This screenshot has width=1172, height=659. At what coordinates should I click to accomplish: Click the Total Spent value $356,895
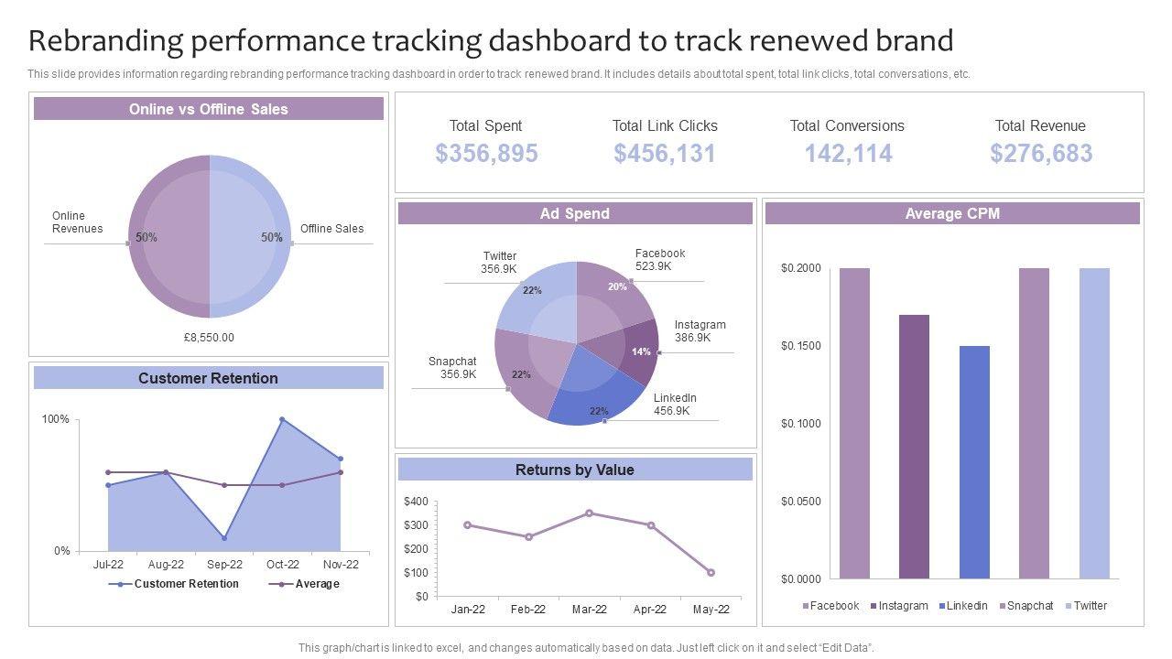(x=486, y=154)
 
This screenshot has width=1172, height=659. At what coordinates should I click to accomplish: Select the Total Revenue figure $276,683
(x=1041, y=154)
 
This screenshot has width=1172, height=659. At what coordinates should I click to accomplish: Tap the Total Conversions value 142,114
(x=848, y=154)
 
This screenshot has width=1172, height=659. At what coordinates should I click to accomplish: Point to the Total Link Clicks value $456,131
(x=665, y=154)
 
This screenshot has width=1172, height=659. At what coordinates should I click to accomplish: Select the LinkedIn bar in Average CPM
(x=974, y=462)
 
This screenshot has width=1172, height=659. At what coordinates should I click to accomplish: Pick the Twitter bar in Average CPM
(x=1094, y=423)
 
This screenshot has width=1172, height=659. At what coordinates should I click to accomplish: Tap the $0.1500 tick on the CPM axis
(x=801, y=346)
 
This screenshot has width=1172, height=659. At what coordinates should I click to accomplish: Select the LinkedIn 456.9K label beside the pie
(x=675, y=405)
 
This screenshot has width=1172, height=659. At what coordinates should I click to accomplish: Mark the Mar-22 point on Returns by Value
(x=589, y=513)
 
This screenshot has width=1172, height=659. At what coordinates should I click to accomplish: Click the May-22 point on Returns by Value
(x=711, y=573)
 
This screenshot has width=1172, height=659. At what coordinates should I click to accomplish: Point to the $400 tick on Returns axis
(x=416, y=502)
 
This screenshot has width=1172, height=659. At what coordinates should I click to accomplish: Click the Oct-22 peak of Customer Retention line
(x=282, y=419)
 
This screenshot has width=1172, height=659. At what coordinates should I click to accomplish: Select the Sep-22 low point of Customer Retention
(x=224, y=538)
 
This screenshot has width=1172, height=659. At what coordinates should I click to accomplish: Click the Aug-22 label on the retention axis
(x=166, y=565)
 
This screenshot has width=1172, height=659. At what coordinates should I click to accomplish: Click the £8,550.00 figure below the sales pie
(x=209, y=338)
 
